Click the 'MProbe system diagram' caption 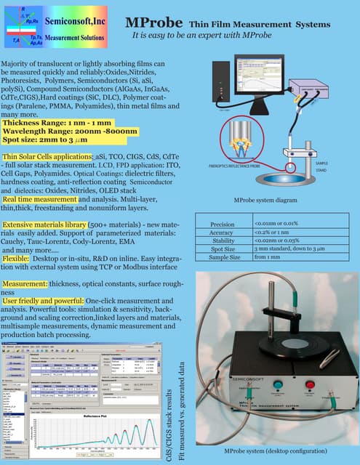click(x=266, y=199)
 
